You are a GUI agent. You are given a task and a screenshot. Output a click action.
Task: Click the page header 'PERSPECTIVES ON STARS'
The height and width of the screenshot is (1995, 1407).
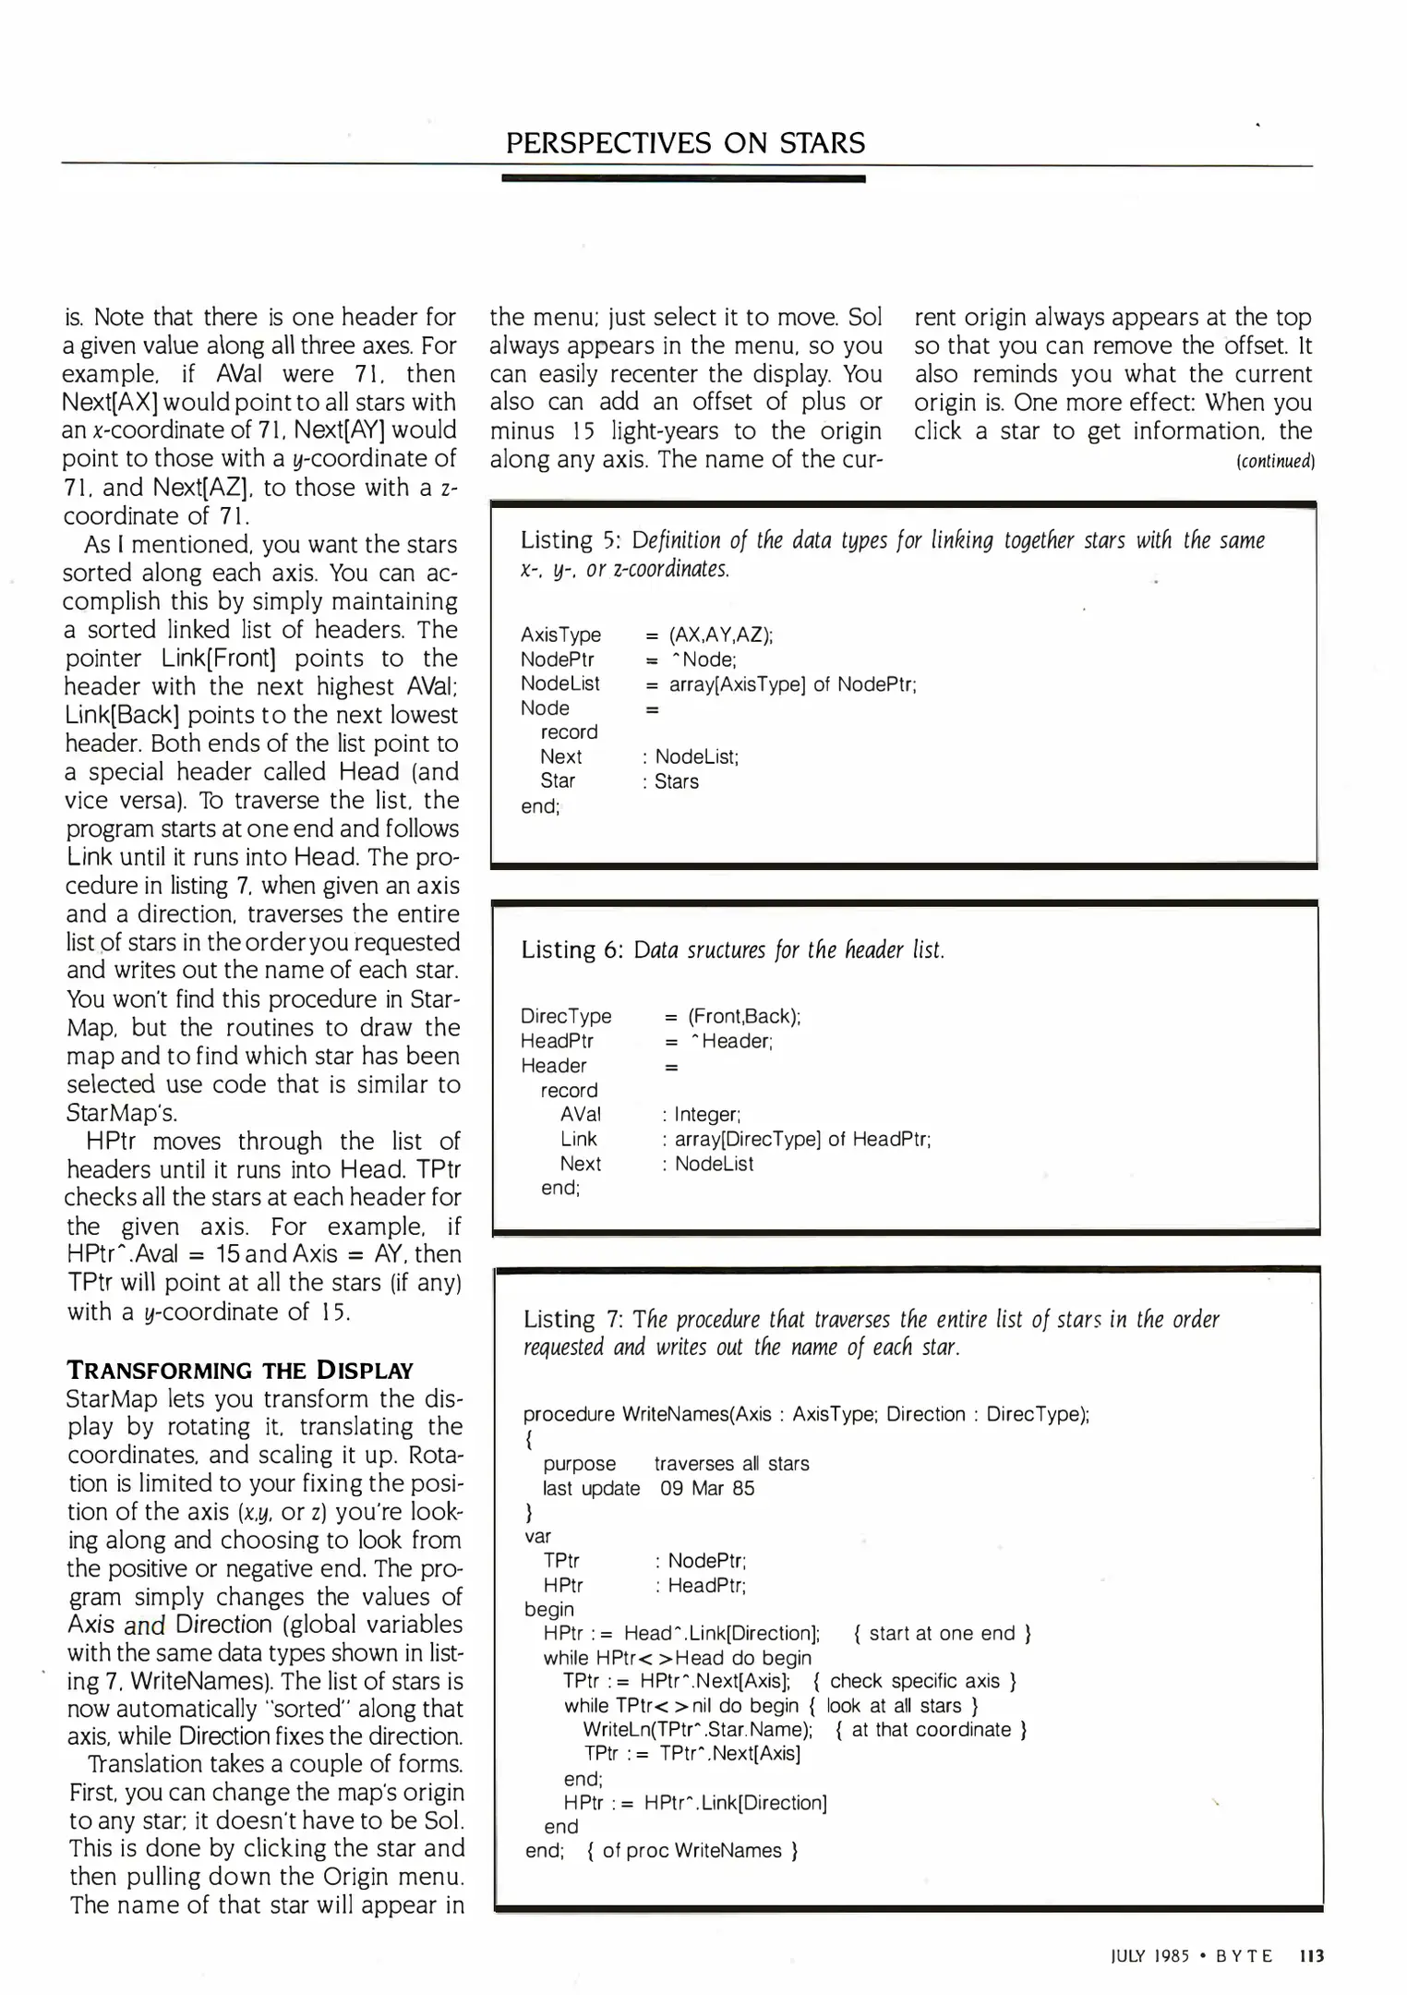point(685,143)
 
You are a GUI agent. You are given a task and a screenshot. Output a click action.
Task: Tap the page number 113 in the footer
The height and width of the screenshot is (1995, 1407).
point(1311,1956)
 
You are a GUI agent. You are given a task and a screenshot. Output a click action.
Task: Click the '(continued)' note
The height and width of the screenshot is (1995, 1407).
point(1274,461)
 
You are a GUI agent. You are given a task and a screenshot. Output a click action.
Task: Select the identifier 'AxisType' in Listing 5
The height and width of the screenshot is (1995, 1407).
point(560,635)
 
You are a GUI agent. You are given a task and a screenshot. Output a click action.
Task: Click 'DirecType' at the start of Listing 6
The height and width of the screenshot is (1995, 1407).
point(566,1016)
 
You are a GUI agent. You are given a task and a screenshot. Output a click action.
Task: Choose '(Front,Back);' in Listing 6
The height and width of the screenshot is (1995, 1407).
point(744,1016)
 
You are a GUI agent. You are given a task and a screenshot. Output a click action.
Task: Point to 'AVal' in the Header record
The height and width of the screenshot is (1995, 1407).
point(580,1115)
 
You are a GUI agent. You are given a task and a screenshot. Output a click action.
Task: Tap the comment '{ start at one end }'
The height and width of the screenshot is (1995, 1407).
point(943,1633)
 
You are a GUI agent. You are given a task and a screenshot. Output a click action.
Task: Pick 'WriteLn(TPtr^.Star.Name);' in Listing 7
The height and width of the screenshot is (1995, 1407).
point(698,1729)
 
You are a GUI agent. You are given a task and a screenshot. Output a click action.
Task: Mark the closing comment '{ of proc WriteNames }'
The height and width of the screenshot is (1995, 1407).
point(692,1850)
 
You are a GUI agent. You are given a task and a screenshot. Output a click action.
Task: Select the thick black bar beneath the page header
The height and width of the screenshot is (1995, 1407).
point(683,178)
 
